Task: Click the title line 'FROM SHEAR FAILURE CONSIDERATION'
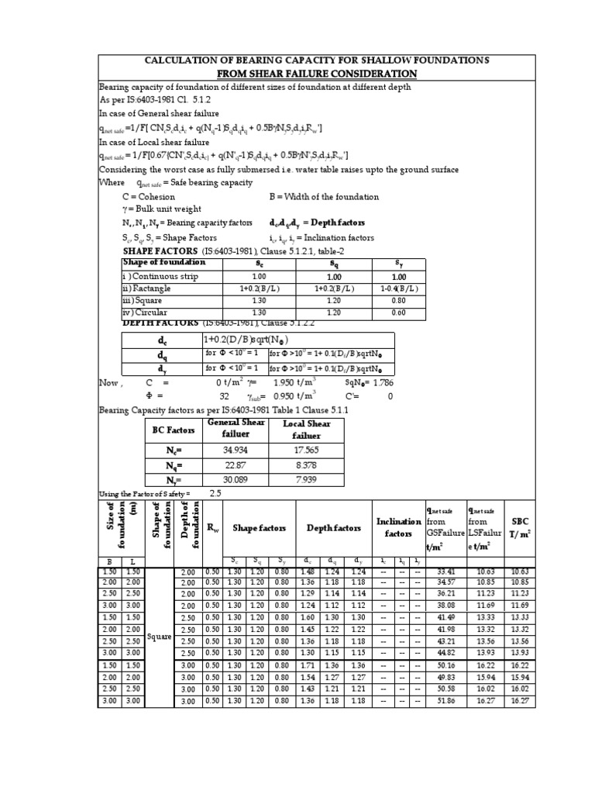[297, 74]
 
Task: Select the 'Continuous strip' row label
[163, 277]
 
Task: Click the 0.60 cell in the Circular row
[399, 312]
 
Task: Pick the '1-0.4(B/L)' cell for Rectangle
[399, 288]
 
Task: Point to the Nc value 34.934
[233, 450]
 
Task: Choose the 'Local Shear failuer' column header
[306, 429]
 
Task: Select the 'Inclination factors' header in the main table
[398, 528]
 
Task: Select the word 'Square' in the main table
[160, 637]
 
